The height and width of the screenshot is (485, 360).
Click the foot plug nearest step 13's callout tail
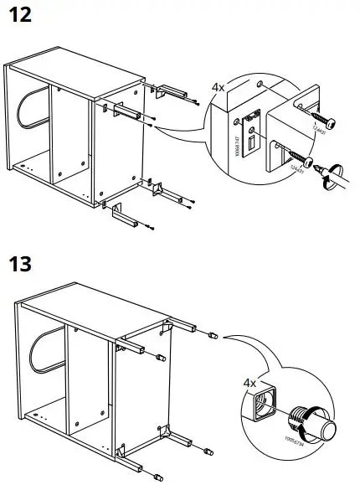click(x=212, y=335)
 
